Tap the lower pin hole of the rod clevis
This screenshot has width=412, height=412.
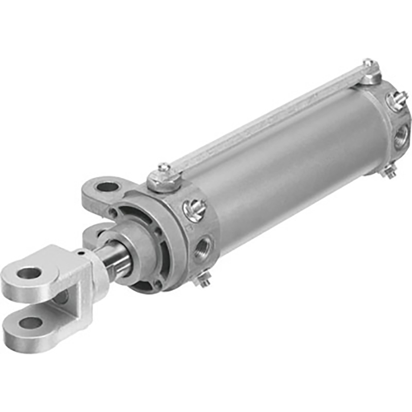pyautogui.click(x=31, y=323)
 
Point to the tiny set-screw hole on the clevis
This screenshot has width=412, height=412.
pyautogui.click(x=80, y=254)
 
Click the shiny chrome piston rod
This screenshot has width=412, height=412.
pyautogui.click(x=118, y=260)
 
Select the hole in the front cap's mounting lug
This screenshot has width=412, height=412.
pyautogui.click(x=108, y=187)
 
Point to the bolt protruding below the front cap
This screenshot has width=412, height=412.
pyautogui.click(x=204, y=280)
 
